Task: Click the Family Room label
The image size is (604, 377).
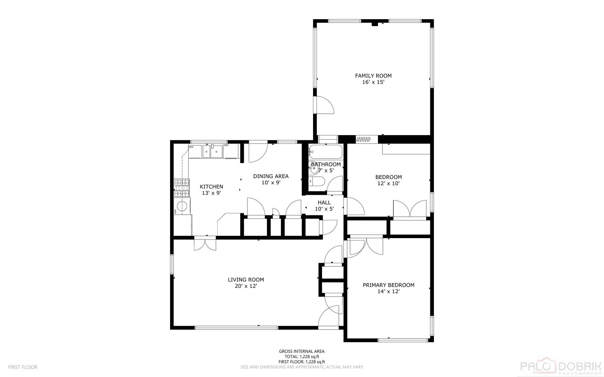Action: click(373, 75)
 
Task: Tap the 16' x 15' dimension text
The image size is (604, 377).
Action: click(373, 82)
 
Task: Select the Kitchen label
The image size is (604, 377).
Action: click(211, 187)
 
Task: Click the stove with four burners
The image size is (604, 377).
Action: click(182, 188)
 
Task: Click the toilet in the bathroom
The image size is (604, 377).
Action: click(316, 182)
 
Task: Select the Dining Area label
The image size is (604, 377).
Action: click(271, 176)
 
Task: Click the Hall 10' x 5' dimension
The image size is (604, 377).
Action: click(324, 209)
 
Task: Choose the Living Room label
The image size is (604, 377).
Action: click(246, 280)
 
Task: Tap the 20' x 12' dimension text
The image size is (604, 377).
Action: click(246, 286)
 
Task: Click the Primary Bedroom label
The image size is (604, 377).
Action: click(388, 285)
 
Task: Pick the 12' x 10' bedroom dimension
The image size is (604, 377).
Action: click(388, 183)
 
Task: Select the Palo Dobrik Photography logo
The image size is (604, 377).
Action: click(561, 367)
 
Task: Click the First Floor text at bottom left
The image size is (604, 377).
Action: click(23, 367)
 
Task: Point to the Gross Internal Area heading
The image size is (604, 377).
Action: click(301, 352)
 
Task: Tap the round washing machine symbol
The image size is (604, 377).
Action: click(183, 207)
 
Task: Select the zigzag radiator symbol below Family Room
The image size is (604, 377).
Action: click(363, 140)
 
